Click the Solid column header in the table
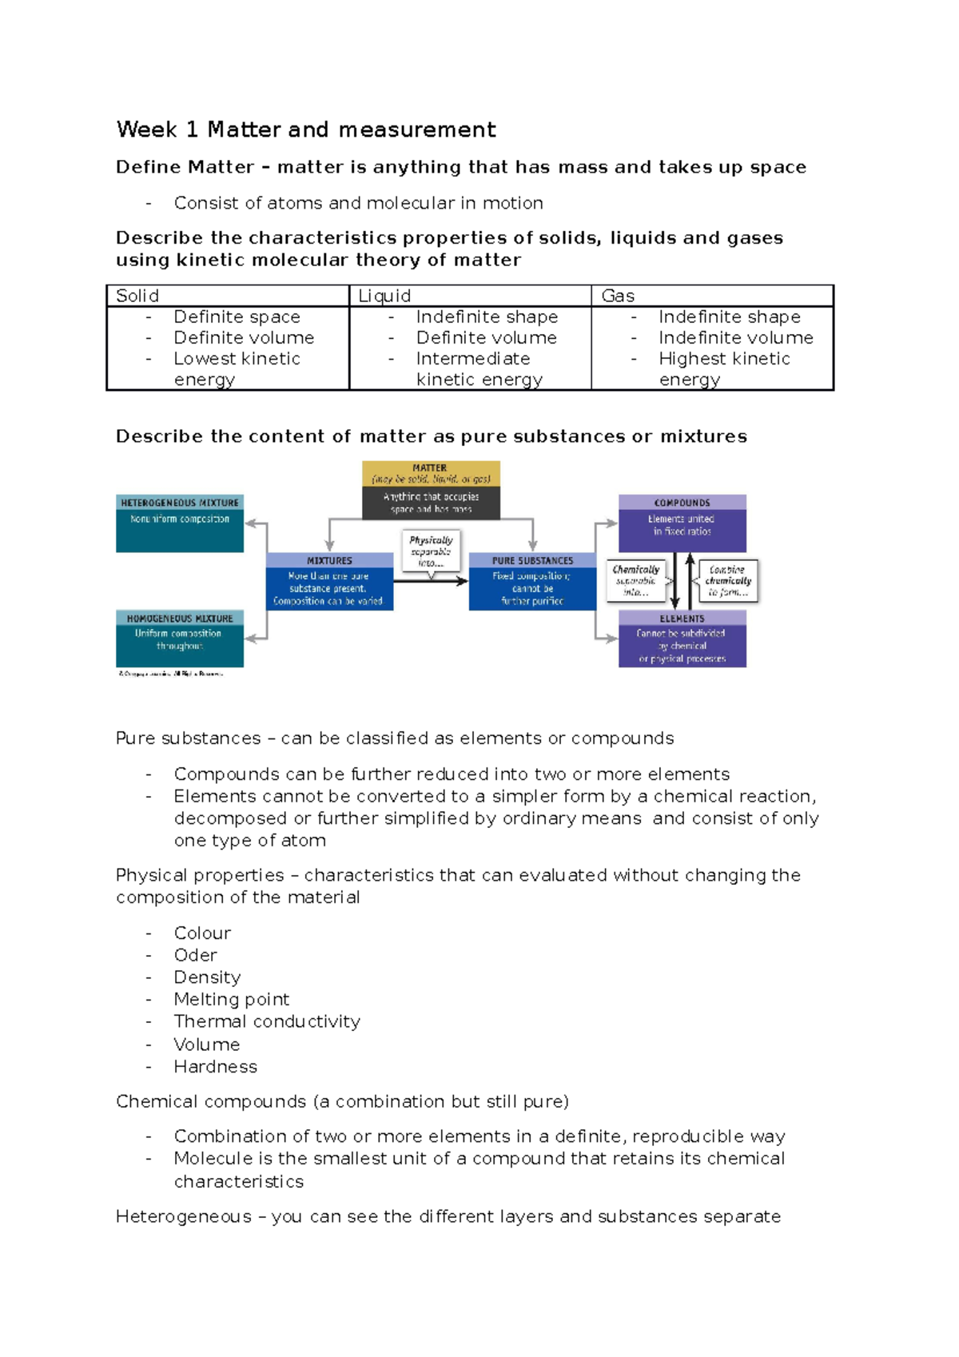[137, 296]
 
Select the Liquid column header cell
[384, 296]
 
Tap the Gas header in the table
[618, 296]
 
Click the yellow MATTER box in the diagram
[431, 490]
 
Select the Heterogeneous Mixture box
[180, 523]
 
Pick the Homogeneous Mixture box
[180, 639]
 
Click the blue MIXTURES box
[329, 581]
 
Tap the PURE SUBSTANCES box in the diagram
[532, 581]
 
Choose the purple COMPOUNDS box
[682, 523]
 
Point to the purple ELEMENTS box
[682, 639]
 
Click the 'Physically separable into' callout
[431, 551]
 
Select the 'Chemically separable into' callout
[636, 581]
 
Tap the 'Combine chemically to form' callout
[727, 581]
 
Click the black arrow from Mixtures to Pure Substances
[431, 581]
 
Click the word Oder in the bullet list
[196, 956]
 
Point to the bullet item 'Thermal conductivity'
[267, 1021]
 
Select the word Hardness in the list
[216, 1067]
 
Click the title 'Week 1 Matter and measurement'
[306, 129]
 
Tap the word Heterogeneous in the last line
[184, 1216]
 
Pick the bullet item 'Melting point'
[232, 1000]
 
